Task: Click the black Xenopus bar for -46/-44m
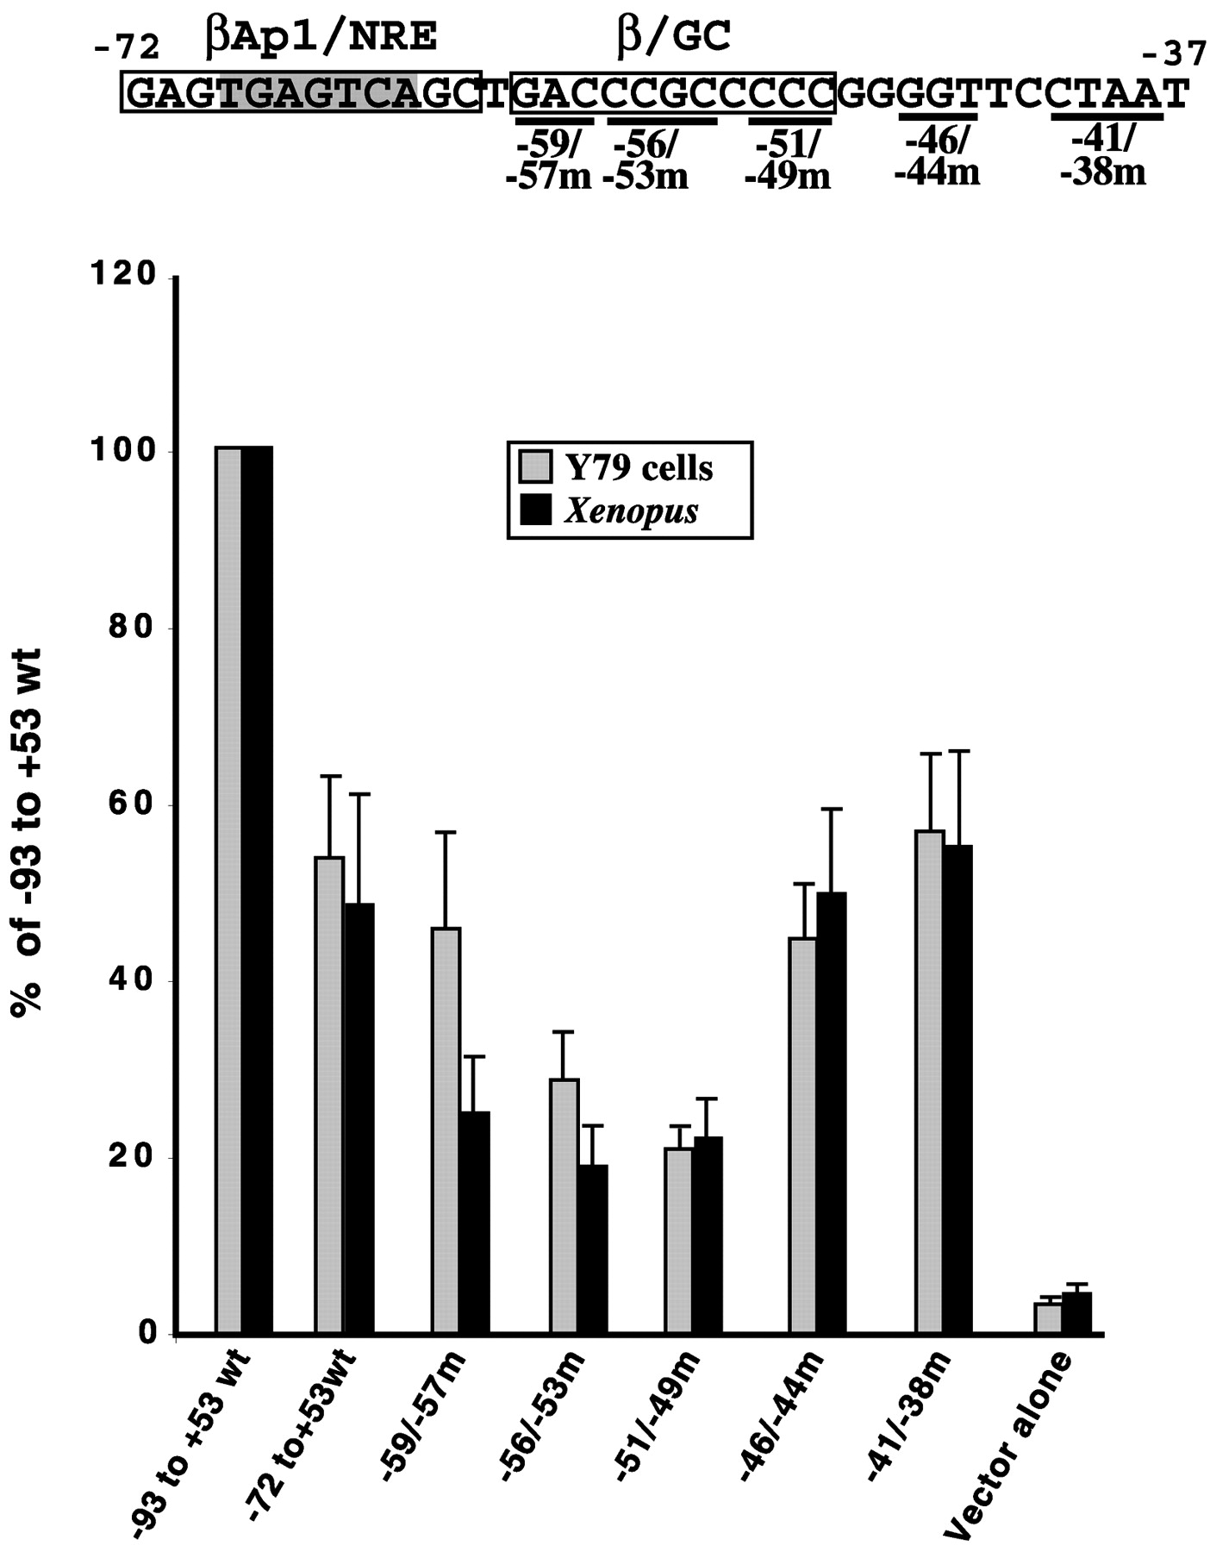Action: pyautogui.click(x=832, y=1113)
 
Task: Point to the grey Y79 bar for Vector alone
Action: pyautogui.click(x=1047, y=1318)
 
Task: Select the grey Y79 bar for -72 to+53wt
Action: pyautogui.click(x=329, y=1096)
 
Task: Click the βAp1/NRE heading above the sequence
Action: pyautogui.click(x=321, y=39)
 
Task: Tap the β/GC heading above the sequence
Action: pyautogui.click(x=675, y=39)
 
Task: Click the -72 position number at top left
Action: pyautogui.click(x=128, y=47)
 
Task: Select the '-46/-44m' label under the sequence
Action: pyautogui.click(x=937, y=158)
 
